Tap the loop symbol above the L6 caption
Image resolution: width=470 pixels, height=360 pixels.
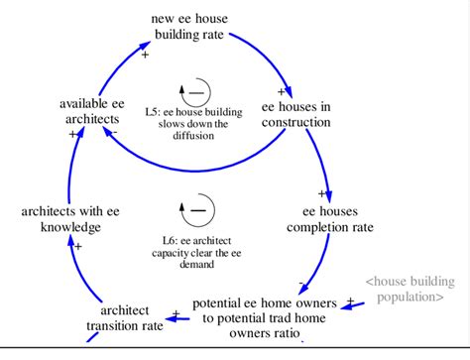(x=196, y=209)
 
